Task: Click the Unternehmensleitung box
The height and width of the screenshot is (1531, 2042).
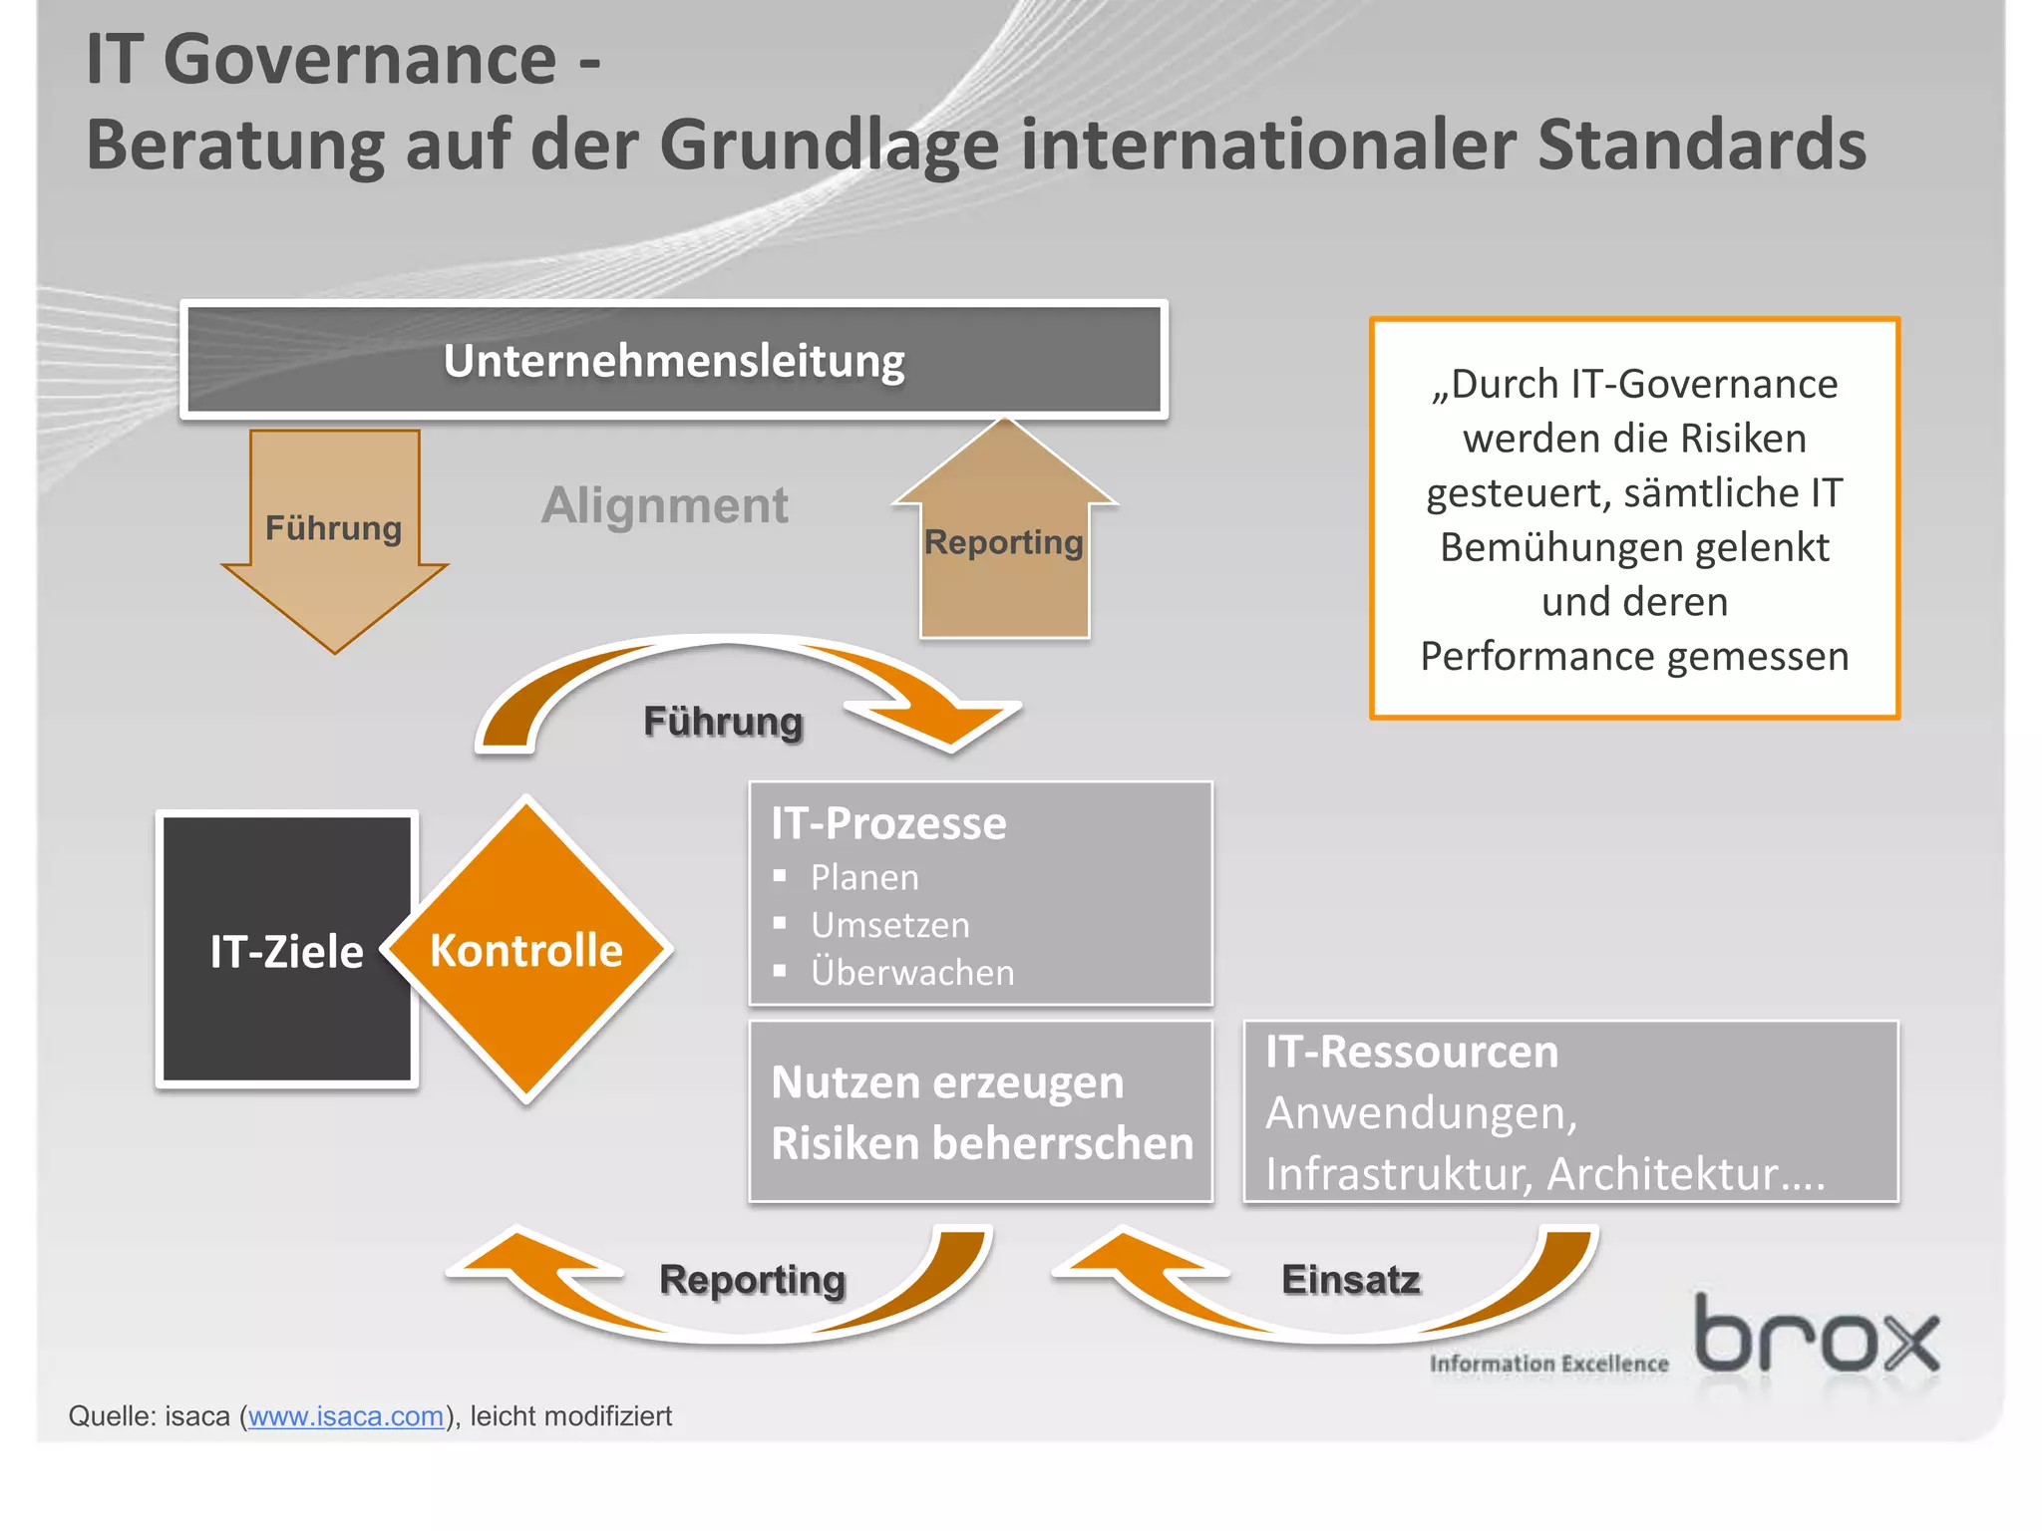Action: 674,360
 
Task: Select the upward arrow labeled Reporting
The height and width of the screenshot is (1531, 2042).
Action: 1004,543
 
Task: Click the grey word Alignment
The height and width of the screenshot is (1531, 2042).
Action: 665,505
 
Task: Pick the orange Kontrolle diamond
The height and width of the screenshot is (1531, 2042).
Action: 526,950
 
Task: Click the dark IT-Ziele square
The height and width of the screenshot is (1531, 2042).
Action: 286,950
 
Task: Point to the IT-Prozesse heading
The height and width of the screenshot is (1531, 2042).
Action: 888,824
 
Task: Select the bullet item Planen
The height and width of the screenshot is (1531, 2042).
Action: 864,877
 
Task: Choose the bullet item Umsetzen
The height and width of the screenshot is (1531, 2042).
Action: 889,925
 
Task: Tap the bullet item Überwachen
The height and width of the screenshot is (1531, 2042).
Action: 912,973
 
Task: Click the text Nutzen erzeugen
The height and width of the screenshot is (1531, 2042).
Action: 947,1082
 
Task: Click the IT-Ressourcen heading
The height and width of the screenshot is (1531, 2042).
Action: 1411,1053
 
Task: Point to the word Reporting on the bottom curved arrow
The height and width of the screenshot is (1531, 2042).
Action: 753,1280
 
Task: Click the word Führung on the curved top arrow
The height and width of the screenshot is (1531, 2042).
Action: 723,722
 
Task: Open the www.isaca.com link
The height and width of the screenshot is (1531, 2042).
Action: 346,1416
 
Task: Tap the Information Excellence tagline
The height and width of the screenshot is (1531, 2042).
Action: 1548,1364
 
